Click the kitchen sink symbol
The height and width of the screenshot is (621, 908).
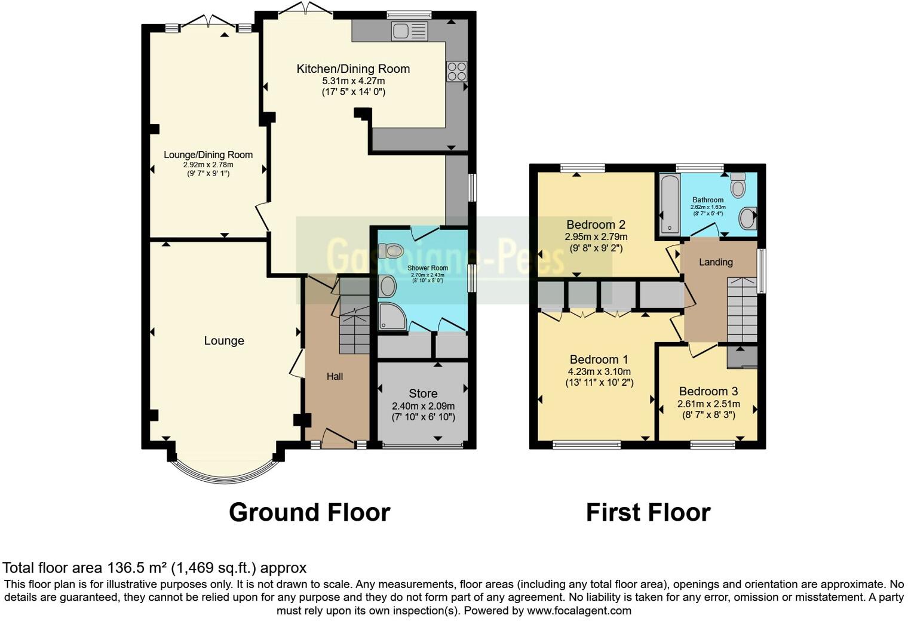[x=410, y=31]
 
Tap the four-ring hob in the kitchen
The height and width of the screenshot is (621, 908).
[x=456, y=72]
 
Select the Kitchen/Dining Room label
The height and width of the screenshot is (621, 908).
[x=353, y=69]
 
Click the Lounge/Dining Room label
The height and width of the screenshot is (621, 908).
[x=208, y=155]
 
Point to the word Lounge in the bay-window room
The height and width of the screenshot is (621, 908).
[x=224, y=340]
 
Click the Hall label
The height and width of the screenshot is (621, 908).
[x=335, y=376]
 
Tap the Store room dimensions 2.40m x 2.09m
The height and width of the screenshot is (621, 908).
[x=423, y=405]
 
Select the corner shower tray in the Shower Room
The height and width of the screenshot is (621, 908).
[x=392, y=317]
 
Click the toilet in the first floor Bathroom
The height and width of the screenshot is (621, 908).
[x=738, y=185]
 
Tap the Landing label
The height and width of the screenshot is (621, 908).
[x=716, y=262]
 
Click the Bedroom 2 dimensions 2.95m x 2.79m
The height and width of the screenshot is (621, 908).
[x=596, y=237]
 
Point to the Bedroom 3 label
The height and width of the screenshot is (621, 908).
[x=708, y=392]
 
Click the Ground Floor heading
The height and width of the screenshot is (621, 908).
[x=309, y=512]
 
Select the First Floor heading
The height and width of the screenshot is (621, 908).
[x=648, y=512]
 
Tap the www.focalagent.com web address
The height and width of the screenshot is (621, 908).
[x=579, y=610]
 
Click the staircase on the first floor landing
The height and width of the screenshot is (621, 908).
[x=741, y=310]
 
